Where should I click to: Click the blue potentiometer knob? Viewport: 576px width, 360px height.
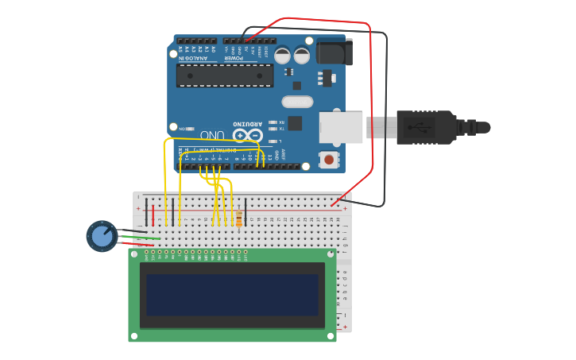tap(102, 236)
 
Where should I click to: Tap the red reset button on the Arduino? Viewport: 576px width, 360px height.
tap(328, 160)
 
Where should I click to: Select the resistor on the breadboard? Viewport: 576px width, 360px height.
tap(239, 215)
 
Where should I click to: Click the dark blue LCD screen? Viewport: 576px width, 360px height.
tap(232, 295)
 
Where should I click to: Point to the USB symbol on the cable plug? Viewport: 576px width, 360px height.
tap(418, 127)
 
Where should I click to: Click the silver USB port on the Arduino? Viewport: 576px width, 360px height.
tap(341, 127)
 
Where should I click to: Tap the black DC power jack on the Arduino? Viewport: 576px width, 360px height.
tap(334, 52)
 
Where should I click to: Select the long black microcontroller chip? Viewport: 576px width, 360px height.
tap(225, 75)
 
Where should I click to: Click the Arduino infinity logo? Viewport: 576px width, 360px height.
tap(248, 136)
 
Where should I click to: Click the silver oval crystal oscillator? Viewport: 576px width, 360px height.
tap(297, 102)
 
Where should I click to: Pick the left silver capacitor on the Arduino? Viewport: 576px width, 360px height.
tap(282, 56)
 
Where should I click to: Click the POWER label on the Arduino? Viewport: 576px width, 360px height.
tap(233, 58)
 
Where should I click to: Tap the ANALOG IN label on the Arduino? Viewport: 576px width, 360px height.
tap(193, 58)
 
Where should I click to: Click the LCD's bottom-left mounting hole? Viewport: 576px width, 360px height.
tap(134, 335)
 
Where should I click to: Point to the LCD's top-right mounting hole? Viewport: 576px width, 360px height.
tap(330, 254)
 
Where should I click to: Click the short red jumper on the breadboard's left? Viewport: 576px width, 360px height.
tap(153, 213)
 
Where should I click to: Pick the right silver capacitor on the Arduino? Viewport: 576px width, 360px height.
tap(302, 56)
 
